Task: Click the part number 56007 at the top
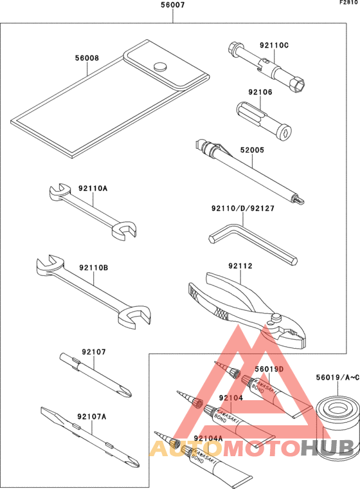(173, 5)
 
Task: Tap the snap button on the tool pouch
(160, 66)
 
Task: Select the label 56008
(87, 58)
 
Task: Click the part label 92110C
(274, 45)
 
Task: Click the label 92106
(260, 92)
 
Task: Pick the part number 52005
(252, 150)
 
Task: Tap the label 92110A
(93, 189)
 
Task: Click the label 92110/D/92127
(243, 208)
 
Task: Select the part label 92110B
(93, 268)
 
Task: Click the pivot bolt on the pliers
(276, 318)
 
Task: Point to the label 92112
(240, 266)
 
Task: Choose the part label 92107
(94, 352)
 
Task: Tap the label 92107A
(92, 416)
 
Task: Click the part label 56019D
(269, 369)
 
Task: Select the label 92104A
(208, 438)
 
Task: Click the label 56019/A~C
(338, 377)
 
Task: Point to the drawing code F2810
(350, 3)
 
